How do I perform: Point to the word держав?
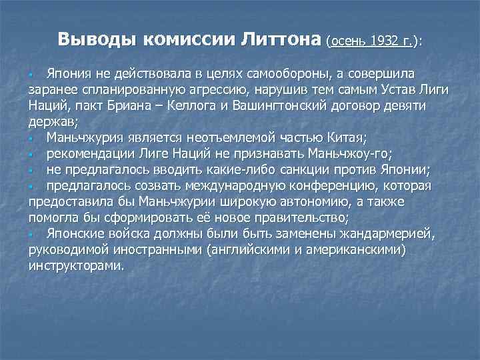pos(52,122)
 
